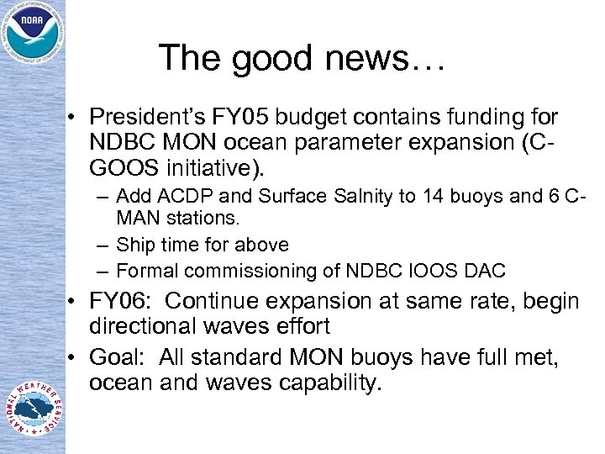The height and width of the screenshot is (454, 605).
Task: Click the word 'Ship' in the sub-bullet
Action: pyautogui.click(x=133, y=245)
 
